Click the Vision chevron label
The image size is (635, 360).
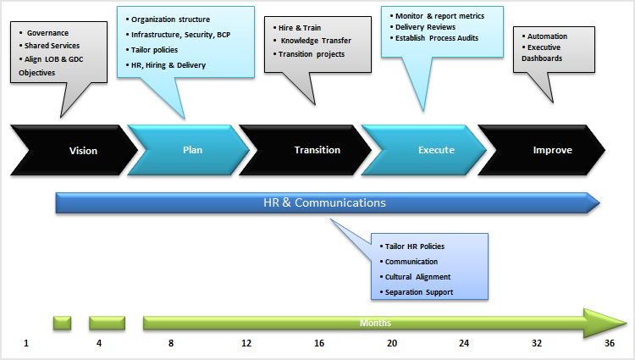coord(83,151)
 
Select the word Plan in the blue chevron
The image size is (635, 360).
coord(192,150)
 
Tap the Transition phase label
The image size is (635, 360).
coord(317,150)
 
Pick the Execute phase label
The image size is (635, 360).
coord(436,150)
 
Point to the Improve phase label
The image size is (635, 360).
coord(552,150)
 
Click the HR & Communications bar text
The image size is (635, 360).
coord(324,202)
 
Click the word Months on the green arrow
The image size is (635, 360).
coord(375,323)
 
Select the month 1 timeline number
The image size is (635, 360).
coord(26,343)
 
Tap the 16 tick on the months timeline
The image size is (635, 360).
coord(319,343)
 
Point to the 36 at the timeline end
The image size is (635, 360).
coord(610,343)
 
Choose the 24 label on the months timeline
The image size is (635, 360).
coord(464,343)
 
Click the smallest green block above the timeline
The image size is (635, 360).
coord(62,323)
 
